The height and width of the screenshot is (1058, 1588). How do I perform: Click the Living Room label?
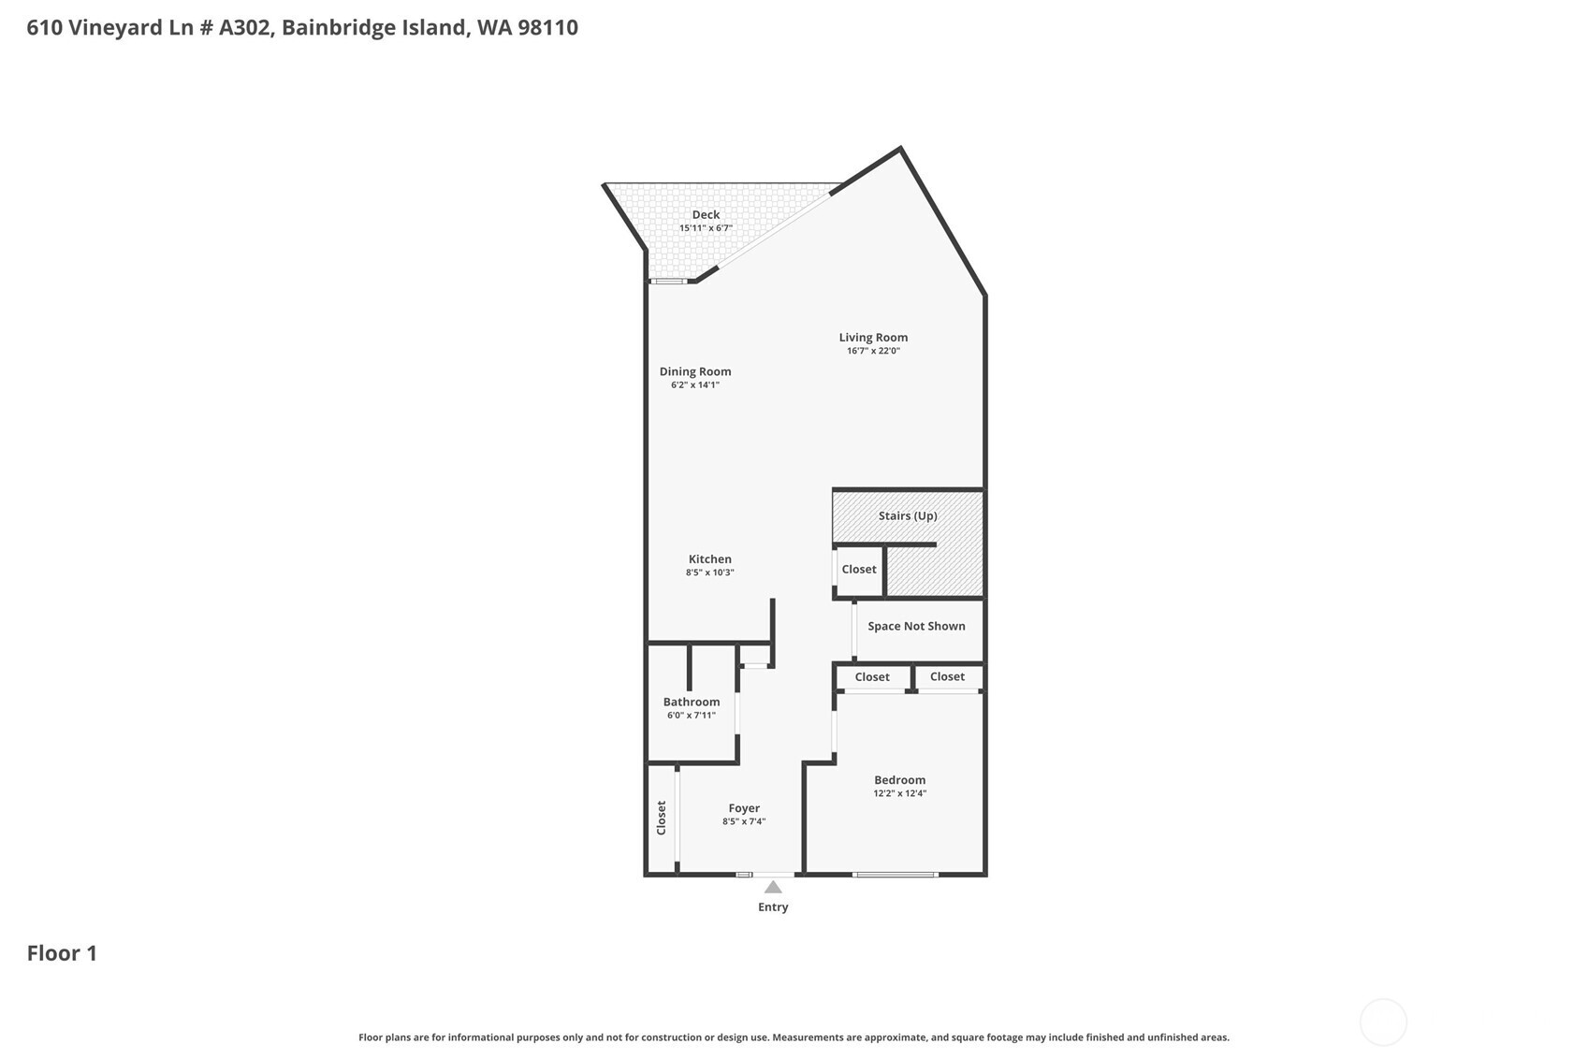872,338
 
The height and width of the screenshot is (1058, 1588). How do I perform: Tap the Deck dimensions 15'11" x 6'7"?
705,228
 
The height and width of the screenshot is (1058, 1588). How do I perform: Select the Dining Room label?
694,371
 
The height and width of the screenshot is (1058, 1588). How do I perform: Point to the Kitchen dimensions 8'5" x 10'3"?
709,572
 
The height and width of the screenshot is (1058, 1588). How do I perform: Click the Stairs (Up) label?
907,515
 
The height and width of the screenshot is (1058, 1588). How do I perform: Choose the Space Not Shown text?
915,626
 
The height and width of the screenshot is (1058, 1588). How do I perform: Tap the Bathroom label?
691,702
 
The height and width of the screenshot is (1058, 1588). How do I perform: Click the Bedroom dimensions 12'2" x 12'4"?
899,793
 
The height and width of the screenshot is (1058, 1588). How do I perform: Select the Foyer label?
744,808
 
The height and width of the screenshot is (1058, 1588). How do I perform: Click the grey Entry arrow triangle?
773,888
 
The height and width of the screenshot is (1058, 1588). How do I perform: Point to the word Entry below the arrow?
773,907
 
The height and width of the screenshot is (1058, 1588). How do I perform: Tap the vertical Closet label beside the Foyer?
661,818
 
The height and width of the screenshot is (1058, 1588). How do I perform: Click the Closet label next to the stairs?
858,569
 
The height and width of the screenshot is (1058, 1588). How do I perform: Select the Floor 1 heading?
62,953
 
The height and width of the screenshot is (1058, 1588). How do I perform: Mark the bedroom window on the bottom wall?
895,875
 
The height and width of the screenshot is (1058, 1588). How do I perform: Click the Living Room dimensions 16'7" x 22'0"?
872,351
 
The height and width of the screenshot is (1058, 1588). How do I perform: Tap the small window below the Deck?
668,281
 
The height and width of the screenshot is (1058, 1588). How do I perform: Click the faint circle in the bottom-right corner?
1382,1022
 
